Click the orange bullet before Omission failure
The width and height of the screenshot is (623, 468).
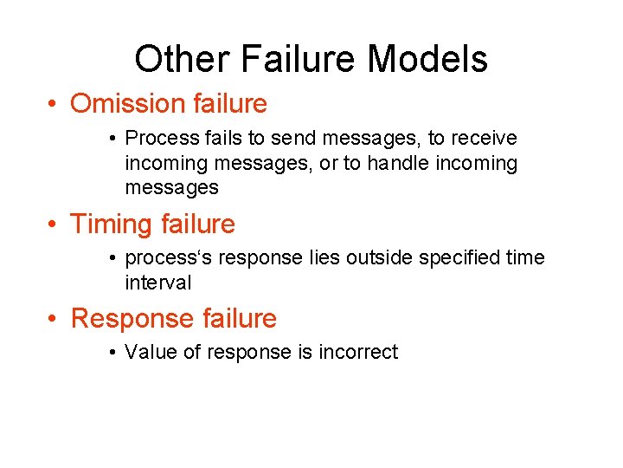54,105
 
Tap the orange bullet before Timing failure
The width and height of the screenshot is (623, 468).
54,225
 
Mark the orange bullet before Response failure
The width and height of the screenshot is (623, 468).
54,319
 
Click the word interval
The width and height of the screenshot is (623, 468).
158,283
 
